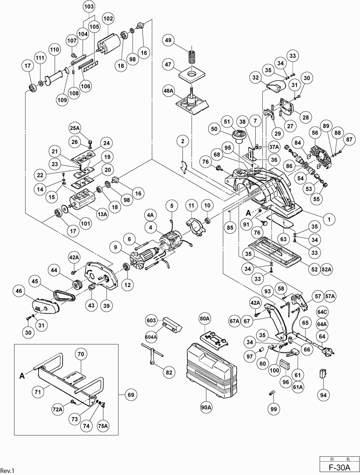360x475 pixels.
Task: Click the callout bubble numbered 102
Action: point(108,19)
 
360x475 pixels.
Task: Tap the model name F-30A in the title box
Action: point(339,467)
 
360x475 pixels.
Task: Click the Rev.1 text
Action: point(8,470)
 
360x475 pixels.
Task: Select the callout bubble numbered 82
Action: point(169,372)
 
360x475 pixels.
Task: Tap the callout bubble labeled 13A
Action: point(103,214)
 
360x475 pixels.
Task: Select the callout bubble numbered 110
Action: point(55,49)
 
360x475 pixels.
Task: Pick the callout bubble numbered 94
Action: point(323,394)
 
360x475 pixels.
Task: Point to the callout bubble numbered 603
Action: point(151,320)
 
